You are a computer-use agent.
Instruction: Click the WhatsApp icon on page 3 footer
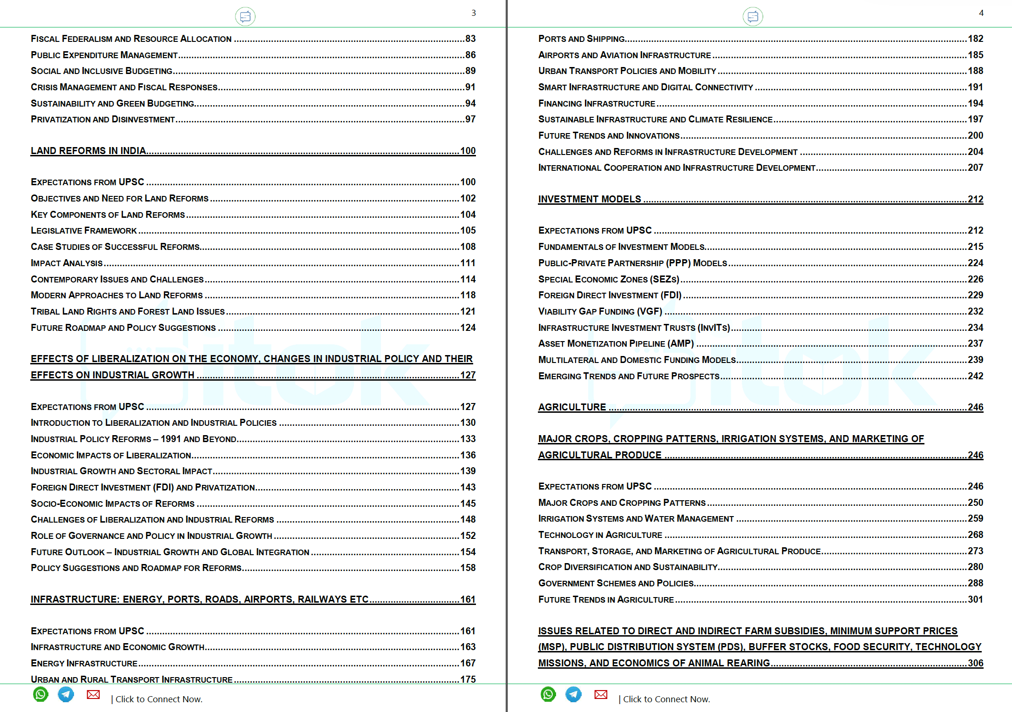point(41,694)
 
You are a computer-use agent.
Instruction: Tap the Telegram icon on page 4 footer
point(573,694)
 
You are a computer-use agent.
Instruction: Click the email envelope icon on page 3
point(93,694)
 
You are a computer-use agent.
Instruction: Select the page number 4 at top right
point(981,13)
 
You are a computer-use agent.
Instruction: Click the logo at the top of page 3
point(245,17)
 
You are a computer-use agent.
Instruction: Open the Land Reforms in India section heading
point(88,151)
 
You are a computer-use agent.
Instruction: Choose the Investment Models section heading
point(590,199)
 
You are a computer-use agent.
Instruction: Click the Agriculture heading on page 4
point(572,407)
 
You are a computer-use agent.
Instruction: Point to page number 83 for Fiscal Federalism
point(470,39)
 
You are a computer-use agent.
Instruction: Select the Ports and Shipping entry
point(582,39)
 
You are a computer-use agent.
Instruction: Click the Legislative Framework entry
point(84,230)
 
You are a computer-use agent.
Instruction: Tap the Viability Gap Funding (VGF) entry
point(600,311)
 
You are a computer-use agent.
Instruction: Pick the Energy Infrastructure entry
point(84,663)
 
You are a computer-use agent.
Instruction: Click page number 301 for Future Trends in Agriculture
point(976,599)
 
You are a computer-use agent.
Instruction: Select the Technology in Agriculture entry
point(600,535)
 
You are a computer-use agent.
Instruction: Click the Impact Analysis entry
point(67,263)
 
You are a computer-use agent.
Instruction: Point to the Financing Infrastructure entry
point(597,103)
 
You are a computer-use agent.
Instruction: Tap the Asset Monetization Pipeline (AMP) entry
point(616,343)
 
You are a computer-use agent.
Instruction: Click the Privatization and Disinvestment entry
point(103,119)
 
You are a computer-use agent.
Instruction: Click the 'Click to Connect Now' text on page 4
point(666,699)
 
